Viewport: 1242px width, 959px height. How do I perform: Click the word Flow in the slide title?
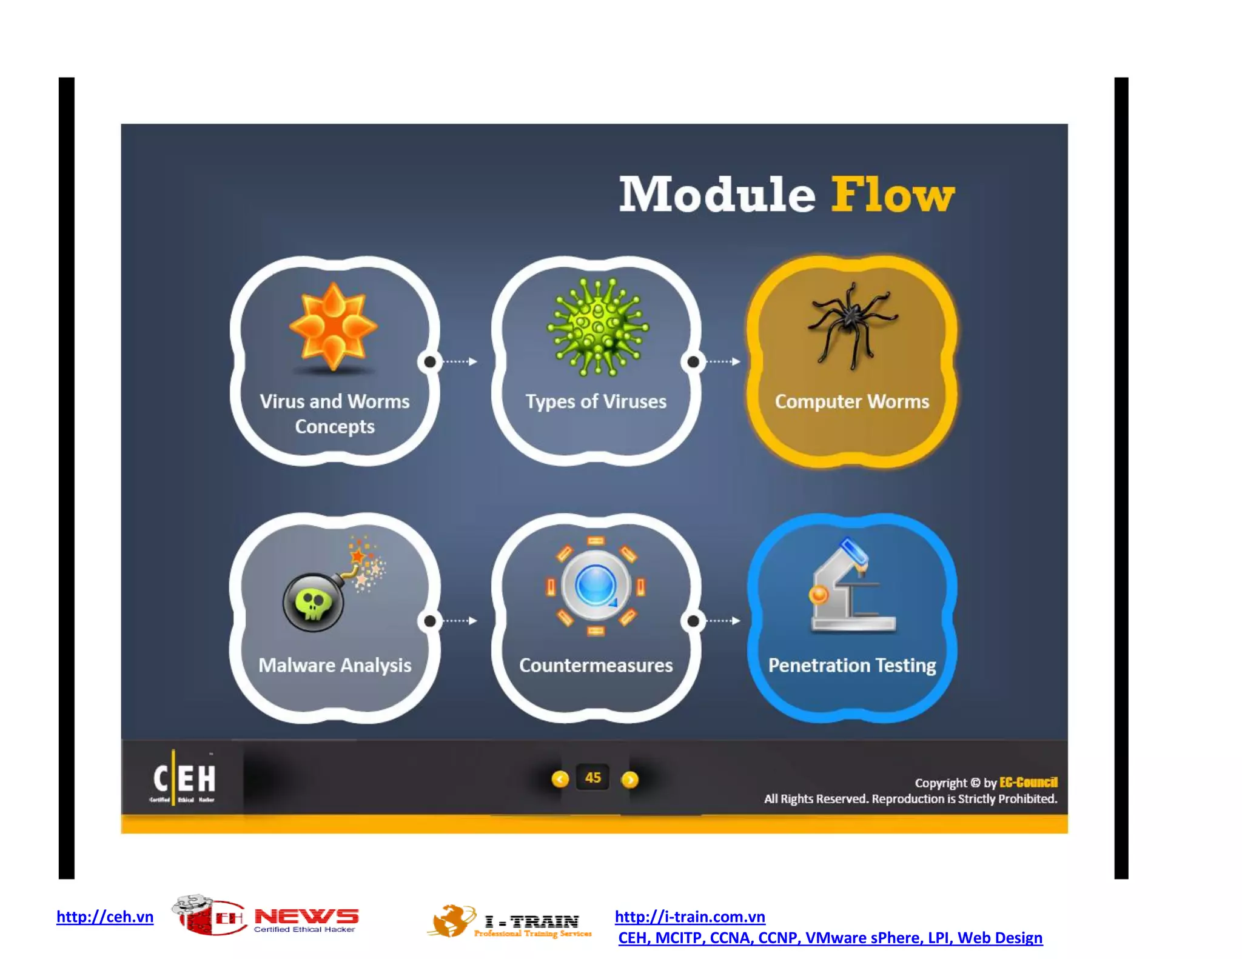click(x=892, y=195)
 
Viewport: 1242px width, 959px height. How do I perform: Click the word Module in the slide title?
click(x=717, y=195)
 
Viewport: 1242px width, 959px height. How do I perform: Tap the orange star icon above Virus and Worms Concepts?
click(x=333, y=326)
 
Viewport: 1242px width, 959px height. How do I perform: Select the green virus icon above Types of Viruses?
click(x=598, y=327)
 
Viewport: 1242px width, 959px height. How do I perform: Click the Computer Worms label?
click(x=851, y=401)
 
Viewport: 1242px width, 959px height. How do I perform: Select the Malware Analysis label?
click(x=335, y=665)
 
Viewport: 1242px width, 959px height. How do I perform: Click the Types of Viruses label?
click(x=596, y=401)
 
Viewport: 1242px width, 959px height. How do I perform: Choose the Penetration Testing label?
click(x=851, y=665)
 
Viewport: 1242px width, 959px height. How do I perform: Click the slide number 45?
click(x=593, y=778)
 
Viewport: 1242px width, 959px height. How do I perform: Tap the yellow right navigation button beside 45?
click(x=630, y=779)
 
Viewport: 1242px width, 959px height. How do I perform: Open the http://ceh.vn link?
click(x=105, y=916)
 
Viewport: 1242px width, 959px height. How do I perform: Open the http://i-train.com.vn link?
click(x=690, y=916)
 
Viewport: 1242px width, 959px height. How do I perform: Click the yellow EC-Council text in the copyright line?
click(x=1028, y=782)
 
